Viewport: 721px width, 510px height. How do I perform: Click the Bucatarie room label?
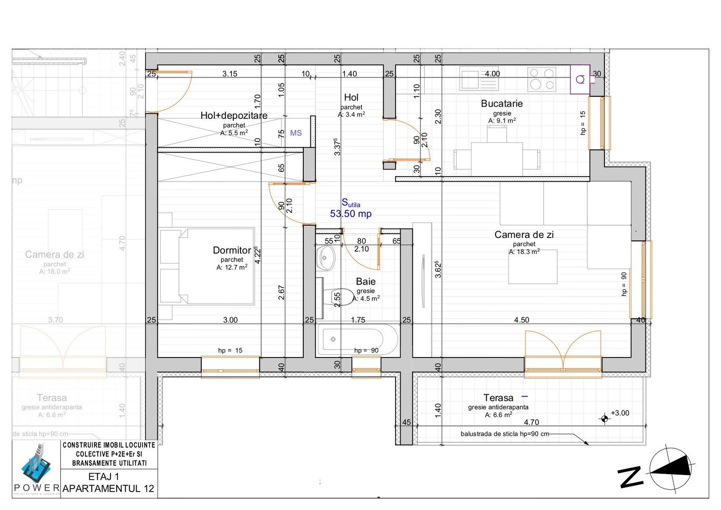pos(502,103)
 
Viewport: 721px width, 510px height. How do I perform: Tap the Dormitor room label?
pos(232,250)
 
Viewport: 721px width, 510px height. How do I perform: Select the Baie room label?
pos(366,281)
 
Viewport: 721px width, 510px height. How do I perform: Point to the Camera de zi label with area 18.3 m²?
pos(524,235)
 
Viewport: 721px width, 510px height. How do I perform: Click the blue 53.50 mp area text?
pos(351,214)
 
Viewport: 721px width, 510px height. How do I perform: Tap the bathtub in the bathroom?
pos(351,340)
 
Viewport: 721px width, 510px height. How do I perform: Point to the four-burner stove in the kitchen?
pos(541,79)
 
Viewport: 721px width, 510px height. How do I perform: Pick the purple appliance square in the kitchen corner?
pos(580,79)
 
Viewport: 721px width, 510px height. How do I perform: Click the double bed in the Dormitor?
pos(208,266)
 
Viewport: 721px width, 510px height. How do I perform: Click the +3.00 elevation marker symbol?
pos(604,418)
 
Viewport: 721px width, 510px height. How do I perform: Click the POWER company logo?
pos(36,468)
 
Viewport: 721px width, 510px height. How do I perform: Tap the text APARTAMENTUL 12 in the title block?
pos(109,489)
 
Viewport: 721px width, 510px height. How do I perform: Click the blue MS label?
pos(296,133)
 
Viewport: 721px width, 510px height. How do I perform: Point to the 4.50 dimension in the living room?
pos(522,320)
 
